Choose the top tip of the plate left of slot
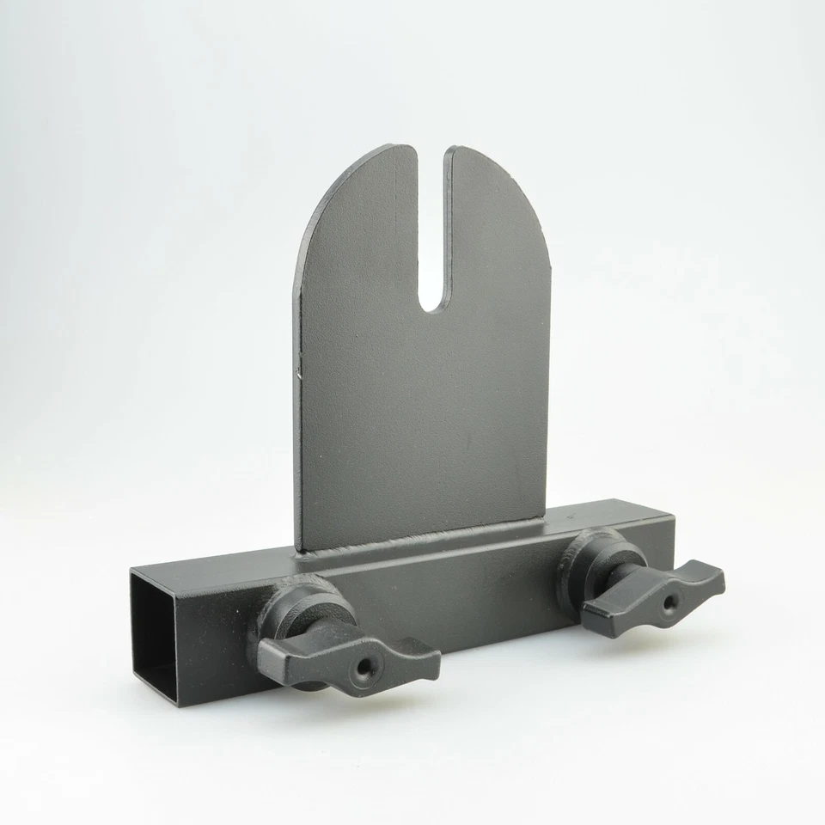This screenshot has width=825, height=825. pos(404,147)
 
